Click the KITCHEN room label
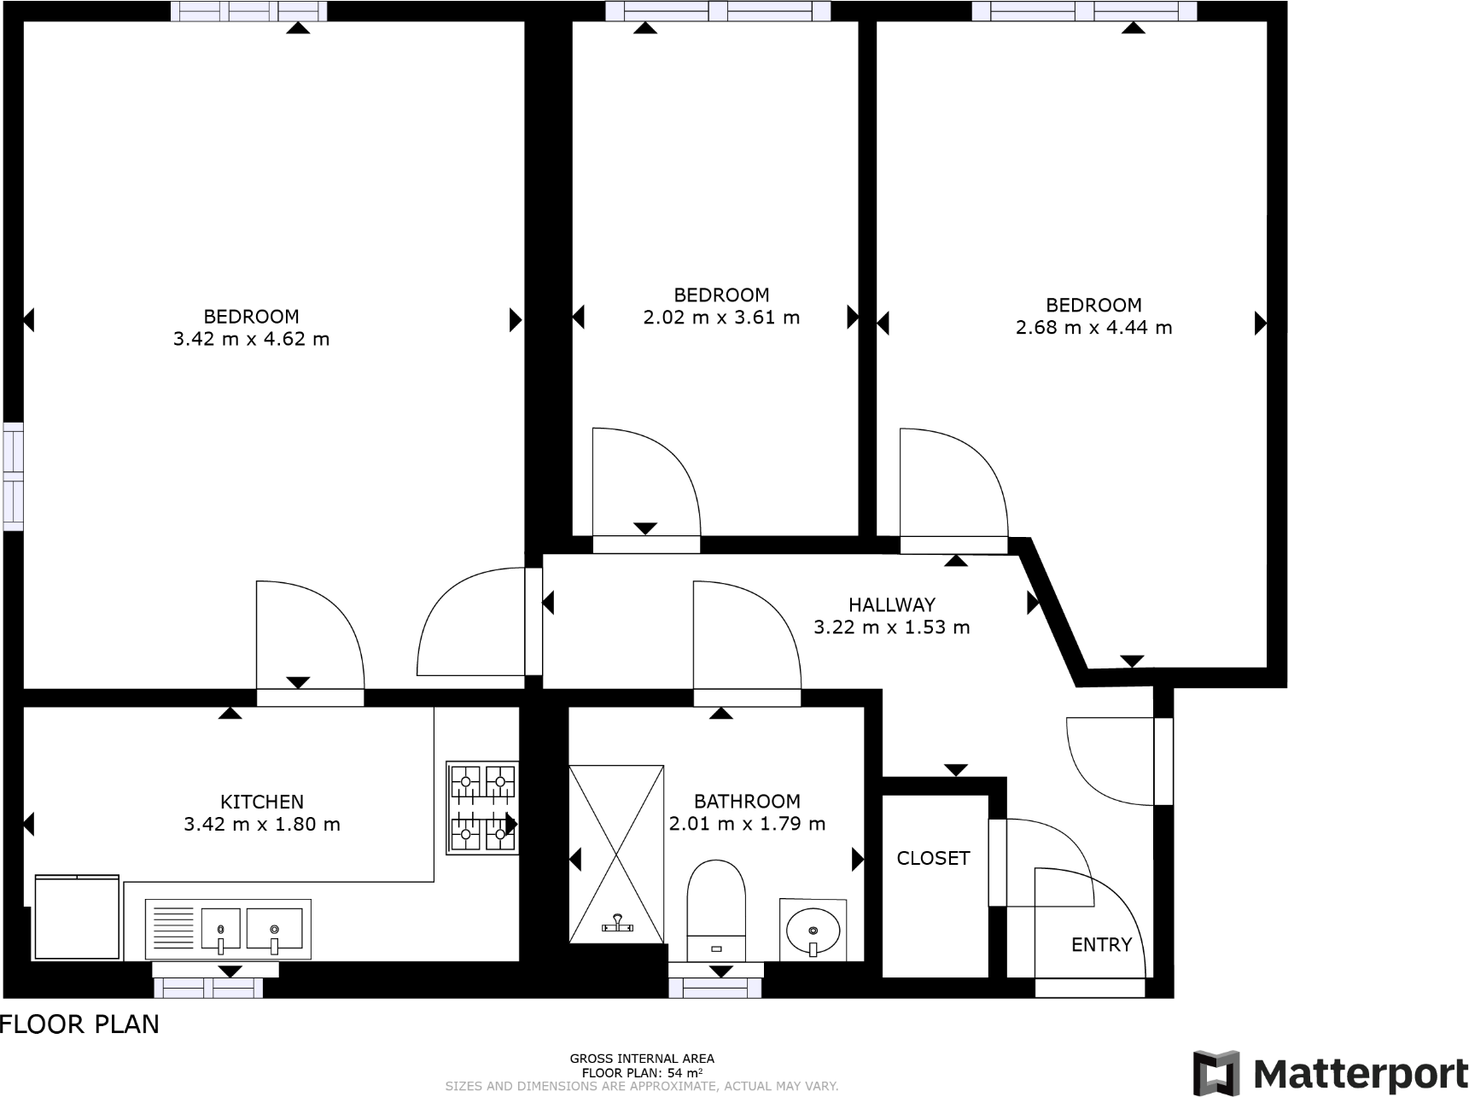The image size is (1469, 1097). pyautogui.click(x=262, y=802)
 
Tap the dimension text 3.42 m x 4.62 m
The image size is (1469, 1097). pyautogui.click(x=251, y=339)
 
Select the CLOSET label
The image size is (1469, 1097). pyautogui.click(x=933, y=858)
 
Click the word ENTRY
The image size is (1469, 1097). pyautogui.click(x=1101, y=945)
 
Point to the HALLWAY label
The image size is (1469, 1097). pyautogui.click(x=892, y=605)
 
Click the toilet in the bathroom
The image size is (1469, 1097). pyautogui.click(x=716, y=909)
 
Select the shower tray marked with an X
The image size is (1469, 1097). pyautogui.click(x=616, y=854)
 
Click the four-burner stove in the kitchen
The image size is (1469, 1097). pyautogui.click(x=482, y=808)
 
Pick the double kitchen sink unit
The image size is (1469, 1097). pyautogui.click(x=228, y=929)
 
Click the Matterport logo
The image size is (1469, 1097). pyautogui.click(x=1329, y=1072)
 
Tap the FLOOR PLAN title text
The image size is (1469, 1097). pyautogui.click(x=79, y=1024)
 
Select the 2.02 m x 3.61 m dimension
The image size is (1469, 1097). pyautogui.click(x=721, y=318)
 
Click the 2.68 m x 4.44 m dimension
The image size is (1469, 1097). pyautogui.click(x=1093, y=328)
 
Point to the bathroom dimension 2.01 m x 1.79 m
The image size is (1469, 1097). pyautogui.click(x=747, y=824)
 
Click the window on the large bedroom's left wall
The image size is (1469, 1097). pyautogui.click(x=13, y=476)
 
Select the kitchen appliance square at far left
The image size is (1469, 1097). pyautogui.click(x=77, y=917)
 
